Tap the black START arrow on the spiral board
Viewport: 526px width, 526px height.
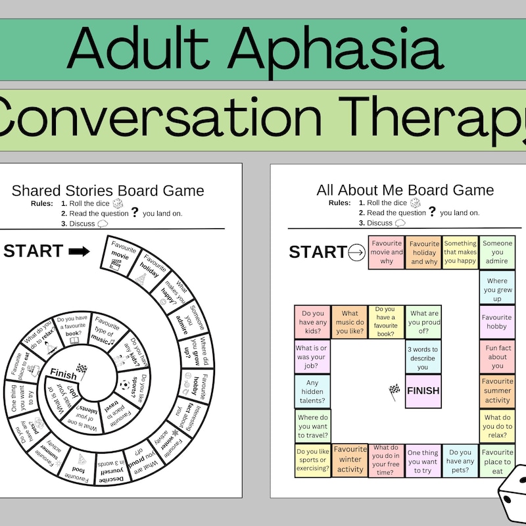80,251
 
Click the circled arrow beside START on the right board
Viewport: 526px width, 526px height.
356,252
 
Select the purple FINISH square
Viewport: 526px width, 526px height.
423,391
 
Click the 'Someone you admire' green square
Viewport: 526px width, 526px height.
497,252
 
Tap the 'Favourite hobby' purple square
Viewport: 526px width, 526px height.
497,322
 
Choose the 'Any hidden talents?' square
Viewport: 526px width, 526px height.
313,391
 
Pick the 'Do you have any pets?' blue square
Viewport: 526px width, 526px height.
460,460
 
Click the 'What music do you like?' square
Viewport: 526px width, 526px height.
350,322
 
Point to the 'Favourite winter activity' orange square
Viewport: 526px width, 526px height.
350,460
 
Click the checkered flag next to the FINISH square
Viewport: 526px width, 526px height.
394,391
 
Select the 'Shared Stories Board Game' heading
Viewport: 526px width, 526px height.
108,191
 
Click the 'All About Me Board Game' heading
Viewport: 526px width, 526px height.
405,191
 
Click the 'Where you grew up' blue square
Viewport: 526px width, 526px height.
497,287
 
